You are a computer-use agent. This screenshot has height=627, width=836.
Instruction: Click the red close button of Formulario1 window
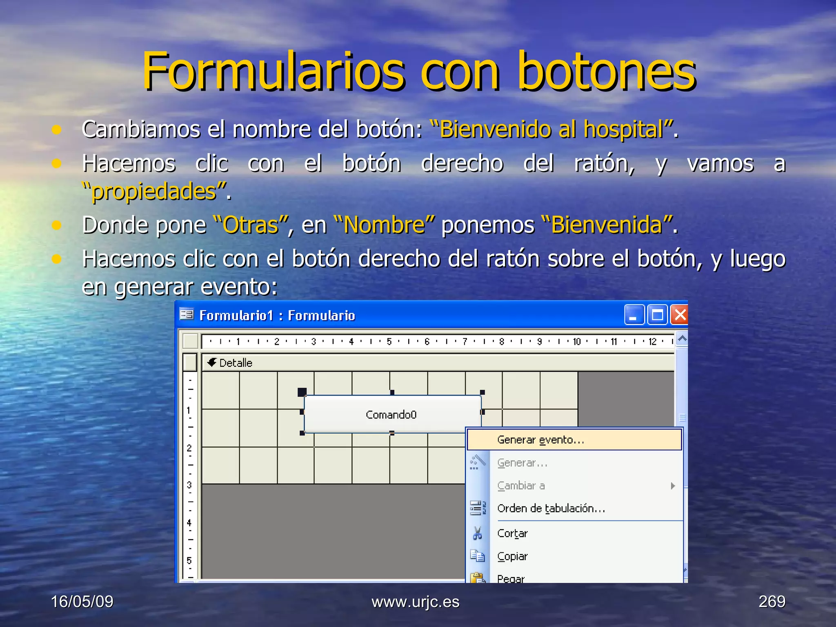pyautogui.click(x=680, y=315)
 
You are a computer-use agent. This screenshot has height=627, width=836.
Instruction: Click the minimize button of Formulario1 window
pyautogui.click(x=634, y=315)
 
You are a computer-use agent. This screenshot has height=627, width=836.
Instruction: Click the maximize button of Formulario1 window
pyautogui.click(x=657, y=315)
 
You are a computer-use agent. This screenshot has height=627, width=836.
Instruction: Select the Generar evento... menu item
pyautogui.click(x=540, y=440)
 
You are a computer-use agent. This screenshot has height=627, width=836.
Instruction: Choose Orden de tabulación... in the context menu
pyautogui.click(x=551, y=508)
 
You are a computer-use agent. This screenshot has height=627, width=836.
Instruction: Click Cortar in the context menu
pyautogui.click(x=512, y=533)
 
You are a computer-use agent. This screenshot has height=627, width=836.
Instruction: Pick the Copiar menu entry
pyautogui.click(x=512, y=556)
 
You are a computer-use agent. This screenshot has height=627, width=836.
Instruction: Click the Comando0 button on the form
pyautogui.click(x=391, y=415)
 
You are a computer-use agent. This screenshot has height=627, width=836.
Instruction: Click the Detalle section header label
pyautogui.click(x=236, y=363)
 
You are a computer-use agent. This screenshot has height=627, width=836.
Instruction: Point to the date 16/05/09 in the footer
pyautogui.click(x=82, y=602)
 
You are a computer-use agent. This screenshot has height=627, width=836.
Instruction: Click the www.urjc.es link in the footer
pyautogui.click(x=415, y=602)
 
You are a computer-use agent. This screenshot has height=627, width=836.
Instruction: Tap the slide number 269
pyautogui.click(x=772, y=602)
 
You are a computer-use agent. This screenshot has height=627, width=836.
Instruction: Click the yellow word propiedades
pyautogui.click(x=154, y=191)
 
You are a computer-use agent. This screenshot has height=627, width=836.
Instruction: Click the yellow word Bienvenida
pyautogui.click(x=607, y=225)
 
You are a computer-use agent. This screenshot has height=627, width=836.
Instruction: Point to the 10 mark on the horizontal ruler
pyautogui.click(x=576, y=341)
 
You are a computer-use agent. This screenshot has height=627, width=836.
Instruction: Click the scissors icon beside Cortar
pyautogui.click(x=477, y=533)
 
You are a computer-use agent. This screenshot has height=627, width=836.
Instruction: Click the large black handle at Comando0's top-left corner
pyautogui.click(x=302, y=392)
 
